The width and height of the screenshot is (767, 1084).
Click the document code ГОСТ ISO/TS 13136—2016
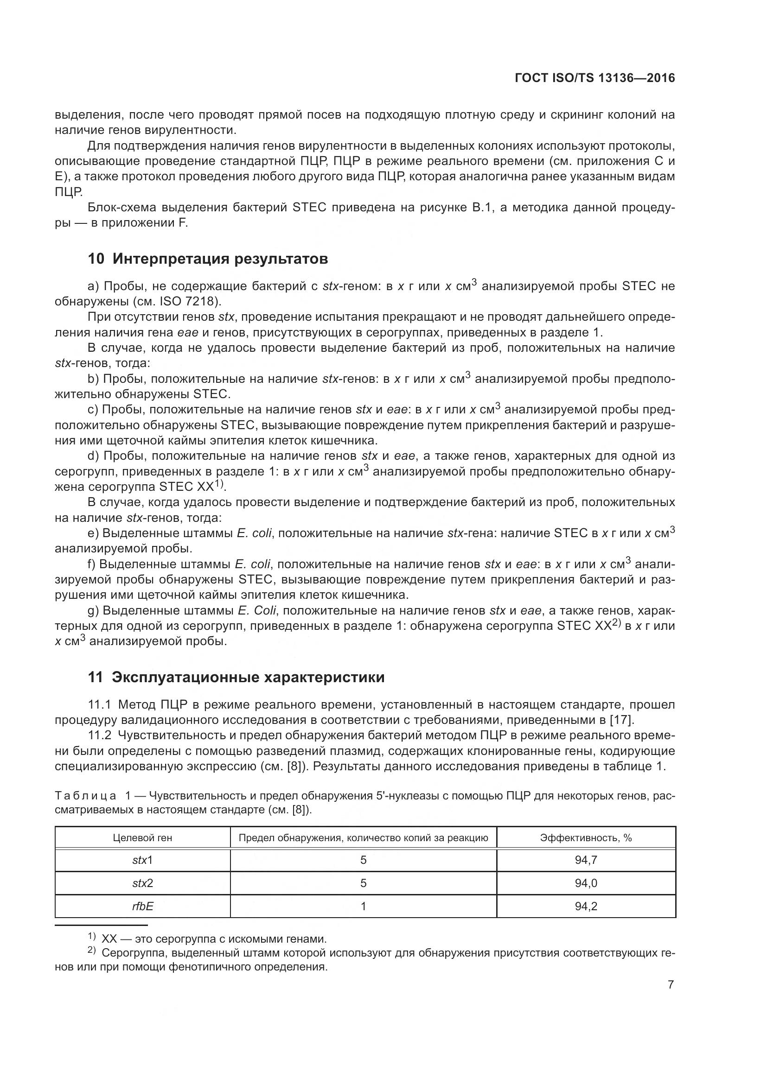594,78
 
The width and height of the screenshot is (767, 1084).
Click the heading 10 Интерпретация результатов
208,259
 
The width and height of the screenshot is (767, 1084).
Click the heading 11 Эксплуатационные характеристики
236,677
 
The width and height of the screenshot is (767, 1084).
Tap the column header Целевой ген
142,837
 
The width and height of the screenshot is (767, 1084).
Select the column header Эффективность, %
586,837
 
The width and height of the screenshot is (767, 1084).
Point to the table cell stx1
142,860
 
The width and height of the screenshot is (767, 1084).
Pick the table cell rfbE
142,906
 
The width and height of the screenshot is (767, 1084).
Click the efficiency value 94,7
586,860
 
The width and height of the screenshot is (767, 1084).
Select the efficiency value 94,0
586,883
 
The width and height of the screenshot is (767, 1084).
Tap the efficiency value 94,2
586,906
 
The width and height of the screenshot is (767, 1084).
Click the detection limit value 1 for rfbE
363,906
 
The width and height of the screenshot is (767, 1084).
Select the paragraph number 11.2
99,735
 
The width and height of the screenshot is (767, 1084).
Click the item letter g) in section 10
93,610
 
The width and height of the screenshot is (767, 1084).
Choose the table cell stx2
142,883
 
